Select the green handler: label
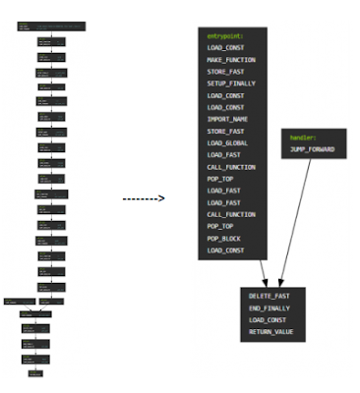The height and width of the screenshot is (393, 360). (303, 138)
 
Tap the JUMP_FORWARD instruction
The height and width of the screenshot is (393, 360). (313, 149)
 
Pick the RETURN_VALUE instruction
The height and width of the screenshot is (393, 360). (271, 332)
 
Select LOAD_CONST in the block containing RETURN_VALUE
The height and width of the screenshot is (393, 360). (269, 320)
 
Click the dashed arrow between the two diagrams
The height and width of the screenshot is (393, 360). (144, 198)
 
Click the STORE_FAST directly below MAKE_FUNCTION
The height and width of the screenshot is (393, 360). (224, 73)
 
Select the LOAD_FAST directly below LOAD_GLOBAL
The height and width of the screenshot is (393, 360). (222, 154)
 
